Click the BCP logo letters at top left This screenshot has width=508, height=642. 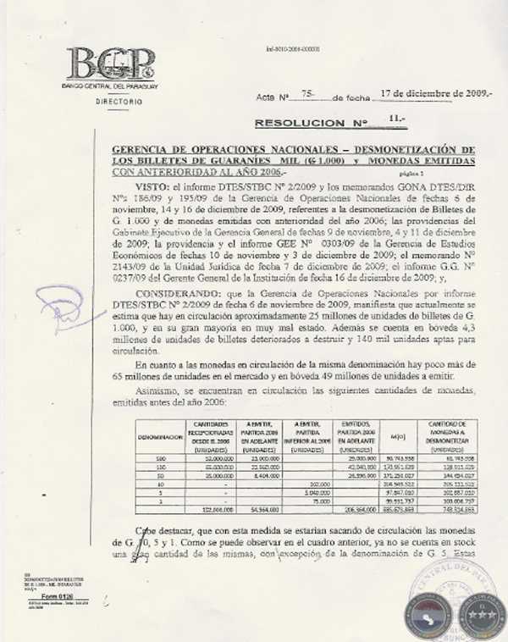click(x=111, y=64)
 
